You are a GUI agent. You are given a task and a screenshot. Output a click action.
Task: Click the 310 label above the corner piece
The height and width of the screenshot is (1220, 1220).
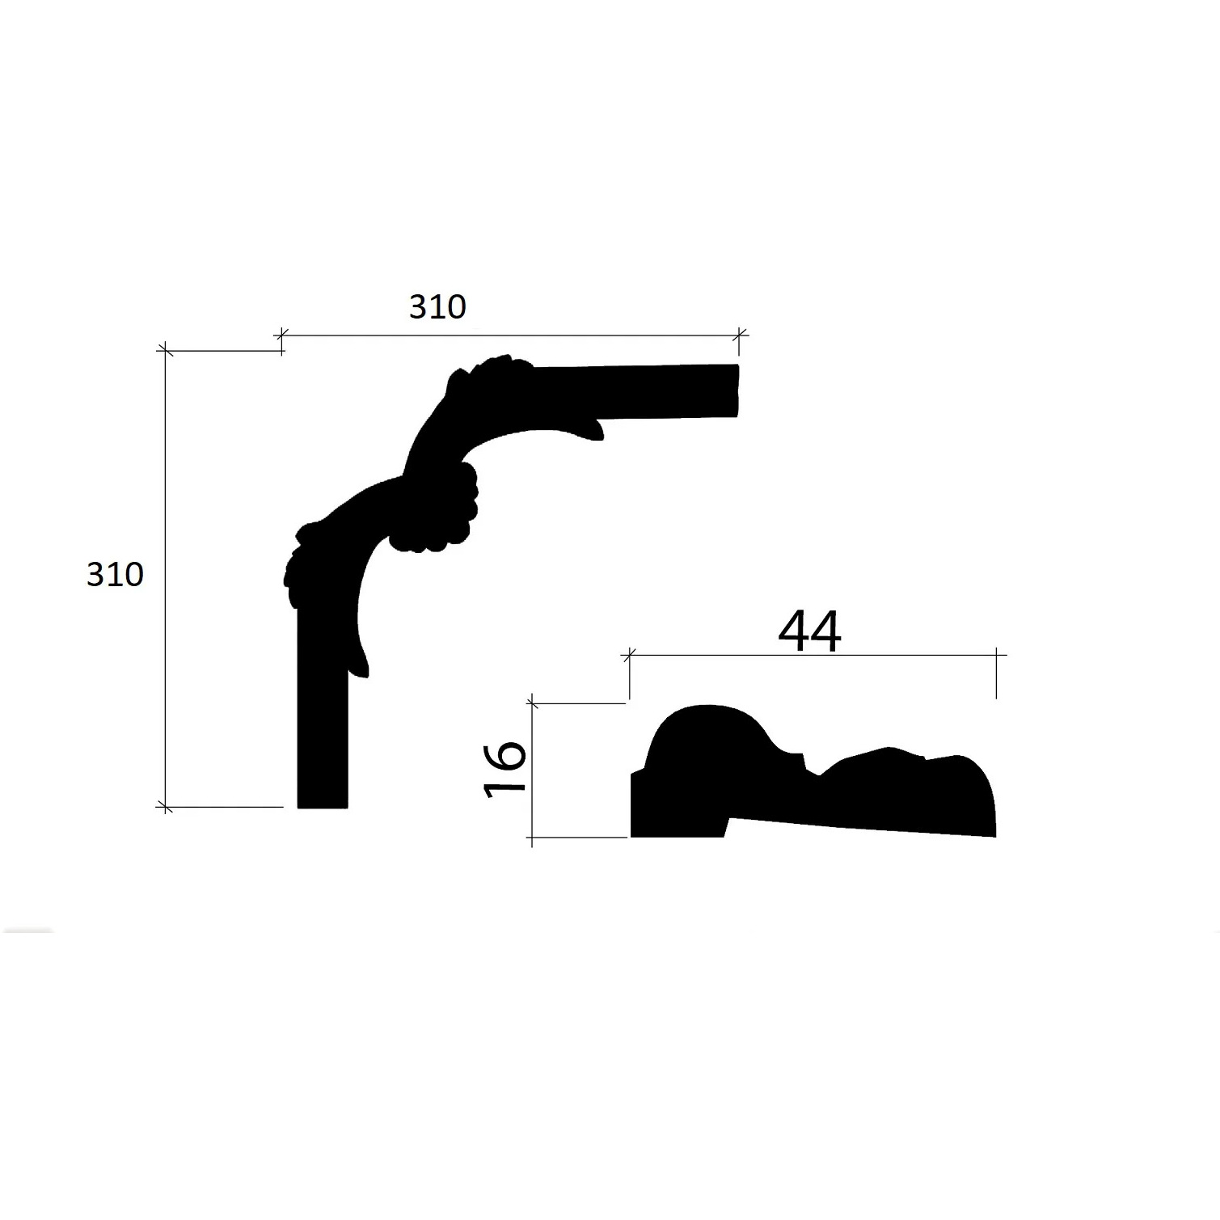click(437, 307)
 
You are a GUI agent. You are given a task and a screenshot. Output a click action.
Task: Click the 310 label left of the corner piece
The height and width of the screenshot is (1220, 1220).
click(115, 575)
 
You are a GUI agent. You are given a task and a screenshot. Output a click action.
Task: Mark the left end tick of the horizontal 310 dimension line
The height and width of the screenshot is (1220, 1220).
click(281, 334)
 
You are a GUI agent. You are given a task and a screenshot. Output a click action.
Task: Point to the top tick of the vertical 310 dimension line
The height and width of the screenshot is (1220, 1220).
click(165, 350)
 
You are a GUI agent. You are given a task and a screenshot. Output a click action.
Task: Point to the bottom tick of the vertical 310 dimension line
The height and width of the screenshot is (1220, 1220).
click(165, 806)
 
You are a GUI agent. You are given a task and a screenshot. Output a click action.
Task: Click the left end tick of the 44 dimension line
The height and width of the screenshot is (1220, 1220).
click(630, 655)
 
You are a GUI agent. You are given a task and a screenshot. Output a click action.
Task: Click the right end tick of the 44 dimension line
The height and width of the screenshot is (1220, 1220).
click(996, 655)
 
